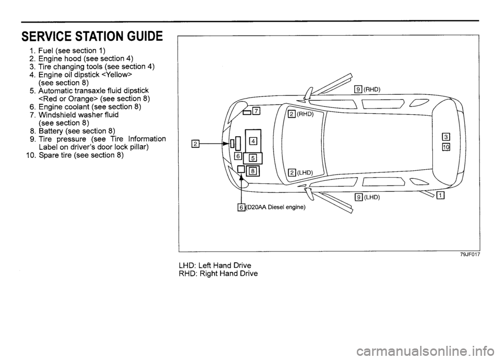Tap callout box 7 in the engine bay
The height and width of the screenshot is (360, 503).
tap(256, 110)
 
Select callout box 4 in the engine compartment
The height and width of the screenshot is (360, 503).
tap(253, 140)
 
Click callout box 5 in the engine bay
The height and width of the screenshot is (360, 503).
tap(253, 158)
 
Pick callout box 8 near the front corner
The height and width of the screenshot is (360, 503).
tap(252, 170)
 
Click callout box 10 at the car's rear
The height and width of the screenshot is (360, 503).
tap(446, 147)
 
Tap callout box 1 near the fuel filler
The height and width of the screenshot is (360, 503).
tap(441, 196)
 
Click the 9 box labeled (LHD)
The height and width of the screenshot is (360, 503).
tap(358, 198)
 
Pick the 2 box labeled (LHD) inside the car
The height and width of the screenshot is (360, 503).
tap(292, 172)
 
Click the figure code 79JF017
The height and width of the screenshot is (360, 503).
tap(470, 255)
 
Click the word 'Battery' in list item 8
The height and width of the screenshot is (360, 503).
tap(52, 130)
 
